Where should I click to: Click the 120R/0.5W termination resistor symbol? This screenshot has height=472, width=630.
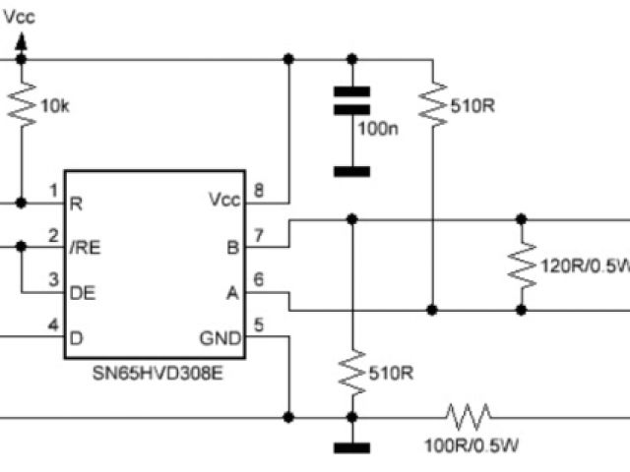pyautogui.click(x=522, y=265)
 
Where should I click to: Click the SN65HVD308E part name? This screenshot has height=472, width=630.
pyautogui.click(x=154, y=375)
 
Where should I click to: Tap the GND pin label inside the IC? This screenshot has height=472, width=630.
pyautogui.click(x=221, y=337)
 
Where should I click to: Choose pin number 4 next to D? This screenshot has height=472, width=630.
pyautogui.click(x=52, y=325)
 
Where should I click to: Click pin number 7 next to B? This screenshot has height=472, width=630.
pyautogui.click(x=259, y=236)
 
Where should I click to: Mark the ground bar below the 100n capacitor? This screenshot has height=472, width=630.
pyautogui.click(x=350, y=171)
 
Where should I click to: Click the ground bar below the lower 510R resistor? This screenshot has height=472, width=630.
pyautogui.click(x=350, y=449)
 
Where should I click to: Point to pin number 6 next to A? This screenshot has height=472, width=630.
pyautogui.click(x=259, y=280)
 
